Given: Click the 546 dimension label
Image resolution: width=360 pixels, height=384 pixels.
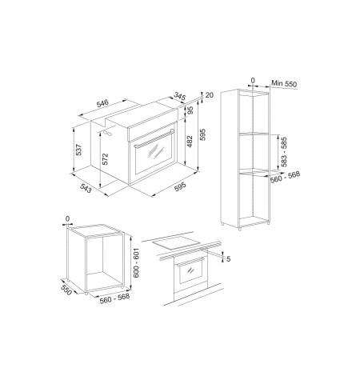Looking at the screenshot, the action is pyautogui.click(x=103, y=103).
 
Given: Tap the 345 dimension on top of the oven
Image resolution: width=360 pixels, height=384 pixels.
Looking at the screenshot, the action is pyautogui.click(x=180, y=96).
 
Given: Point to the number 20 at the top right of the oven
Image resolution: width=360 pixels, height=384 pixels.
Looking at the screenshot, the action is pyautogui.click(x=210, y=95).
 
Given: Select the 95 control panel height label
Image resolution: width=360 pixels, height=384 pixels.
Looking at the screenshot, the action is pyautogui.click(x=190, y=110).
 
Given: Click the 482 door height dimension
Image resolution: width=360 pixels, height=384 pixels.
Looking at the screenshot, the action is pyautogui.click(x=190, y=142).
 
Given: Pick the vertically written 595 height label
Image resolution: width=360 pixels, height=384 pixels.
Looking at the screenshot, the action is pyautogui.click(x=202, y=134).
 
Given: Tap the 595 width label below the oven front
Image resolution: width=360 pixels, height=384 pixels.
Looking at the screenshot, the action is pyautogui.click(x=180, y=187).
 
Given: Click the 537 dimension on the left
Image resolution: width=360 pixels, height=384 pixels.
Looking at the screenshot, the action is pyautogui.click(x=78, y=150).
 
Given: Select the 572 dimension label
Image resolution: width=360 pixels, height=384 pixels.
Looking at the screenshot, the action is pyautogui.click(x=105, y=159).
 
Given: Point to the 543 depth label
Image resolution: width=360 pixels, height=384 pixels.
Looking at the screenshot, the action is pyautogui.click(x=86, y=189).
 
